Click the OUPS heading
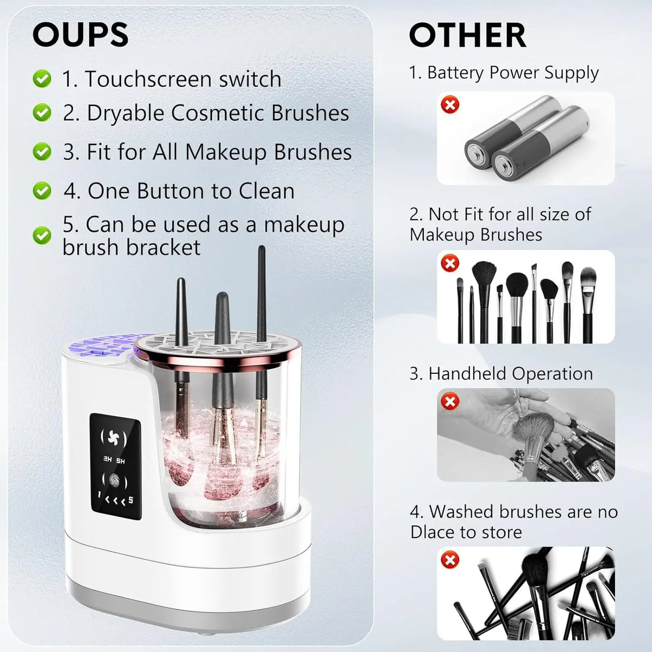tap(80, 35)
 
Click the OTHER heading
tap(467, 36)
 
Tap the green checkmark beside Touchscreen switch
tap(42, 79)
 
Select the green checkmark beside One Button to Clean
tap(42, 191)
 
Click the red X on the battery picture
tap(450, 105)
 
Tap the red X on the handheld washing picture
tap(450, 402)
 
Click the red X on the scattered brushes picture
tap(450, 559)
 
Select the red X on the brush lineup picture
tap(450, 264)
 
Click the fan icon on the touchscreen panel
tap(116, 437)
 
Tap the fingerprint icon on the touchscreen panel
tap(116, 481)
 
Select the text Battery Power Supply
tap(512, 73)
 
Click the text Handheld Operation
tap(510, 374)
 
